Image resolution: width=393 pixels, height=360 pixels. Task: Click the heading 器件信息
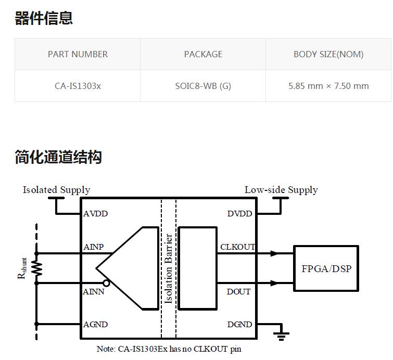coord(44,18)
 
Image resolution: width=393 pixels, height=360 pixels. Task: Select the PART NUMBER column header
coord(78,54)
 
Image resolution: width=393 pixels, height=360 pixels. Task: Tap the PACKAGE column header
coord(203,54)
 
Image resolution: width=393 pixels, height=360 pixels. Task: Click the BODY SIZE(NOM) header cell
coord(328,54)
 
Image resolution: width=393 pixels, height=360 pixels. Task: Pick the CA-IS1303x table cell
coord(78,86)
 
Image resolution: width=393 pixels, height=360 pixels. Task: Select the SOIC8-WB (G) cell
coord(203,86)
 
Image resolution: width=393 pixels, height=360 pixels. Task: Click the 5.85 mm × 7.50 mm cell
coord(328,86)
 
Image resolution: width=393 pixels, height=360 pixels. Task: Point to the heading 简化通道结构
coord(58,157)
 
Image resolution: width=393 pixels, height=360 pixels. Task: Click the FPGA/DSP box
coord(326,268)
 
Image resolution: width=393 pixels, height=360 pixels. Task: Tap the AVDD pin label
coord(96,214)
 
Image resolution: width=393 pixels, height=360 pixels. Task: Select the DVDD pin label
coord(239,214)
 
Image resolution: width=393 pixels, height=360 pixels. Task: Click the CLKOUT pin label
coord(237,247)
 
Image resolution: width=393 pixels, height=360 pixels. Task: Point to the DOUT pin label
coord(238,292)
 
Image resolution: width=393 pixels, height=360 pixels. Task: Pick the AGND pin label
coord(96,324)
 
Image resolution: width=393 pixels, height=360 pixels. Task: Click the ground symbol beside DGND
coord(281,333)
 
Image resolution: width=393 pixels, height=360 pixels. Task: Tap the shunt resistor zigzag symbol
coord(37,268)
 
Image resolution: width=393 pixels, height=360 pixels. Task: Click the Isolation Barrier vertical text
coord(169,268)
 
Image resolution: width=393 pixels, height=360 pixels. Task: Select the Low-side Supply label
coord(281,190)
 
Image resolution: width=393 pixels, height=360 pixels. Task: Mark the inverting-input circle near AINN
coord(106,283)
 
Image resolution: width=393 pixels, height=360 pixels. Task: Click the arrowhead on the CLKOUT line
coord(274,254)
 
